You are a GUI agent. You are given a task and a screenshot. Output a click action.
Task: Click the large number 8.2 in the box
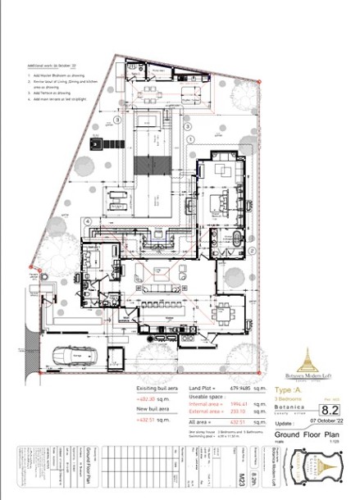(329, 407)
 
